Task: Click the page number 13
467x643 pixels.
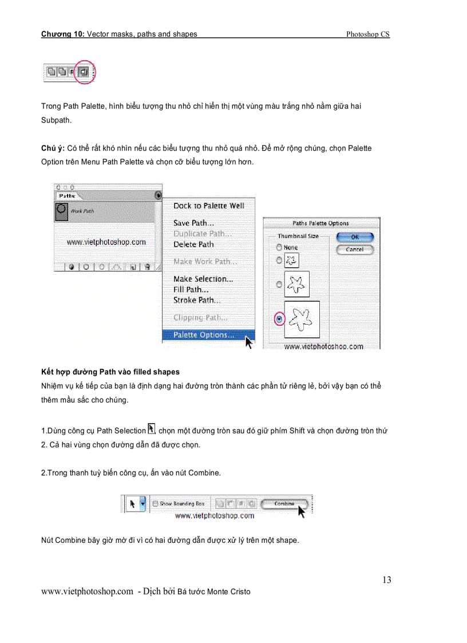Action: (387, 580)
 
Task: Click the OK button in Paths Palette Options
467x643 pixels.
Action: (355, 237)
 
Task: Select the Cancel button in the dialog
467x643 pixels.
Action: (355, 250)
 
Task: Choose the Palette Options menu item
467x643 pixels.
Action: (203, 336)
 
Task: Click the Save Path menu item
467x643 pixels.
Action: (193, 223)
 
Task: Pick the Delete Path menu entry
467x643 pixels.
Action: (193, 244)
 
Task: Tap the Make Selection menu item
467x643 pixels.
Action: (203, 279)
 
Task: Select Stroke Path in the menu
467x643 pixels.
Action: (197, 300)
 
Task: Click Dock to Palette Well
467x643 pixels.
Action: (208, 206)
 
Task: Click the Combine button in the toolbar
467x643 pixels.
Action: (284, 504)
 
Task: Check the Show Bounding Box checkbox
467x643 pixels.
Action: (156, 504)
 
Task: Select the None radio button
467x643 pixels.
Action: (279, 247)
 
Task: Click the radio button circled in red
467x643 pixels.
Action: (279, 318)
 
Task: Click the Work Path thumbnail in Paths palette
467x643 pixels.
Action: (61, 212)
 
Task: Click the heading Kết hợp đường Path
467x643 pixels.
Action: (110, 372)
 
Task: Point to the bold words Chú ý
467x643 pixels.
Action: (53, 148)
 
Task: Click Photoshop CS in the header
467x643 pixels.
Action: (367, 34)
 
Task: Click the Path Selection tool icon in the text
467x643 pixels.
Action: (152, 428)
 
